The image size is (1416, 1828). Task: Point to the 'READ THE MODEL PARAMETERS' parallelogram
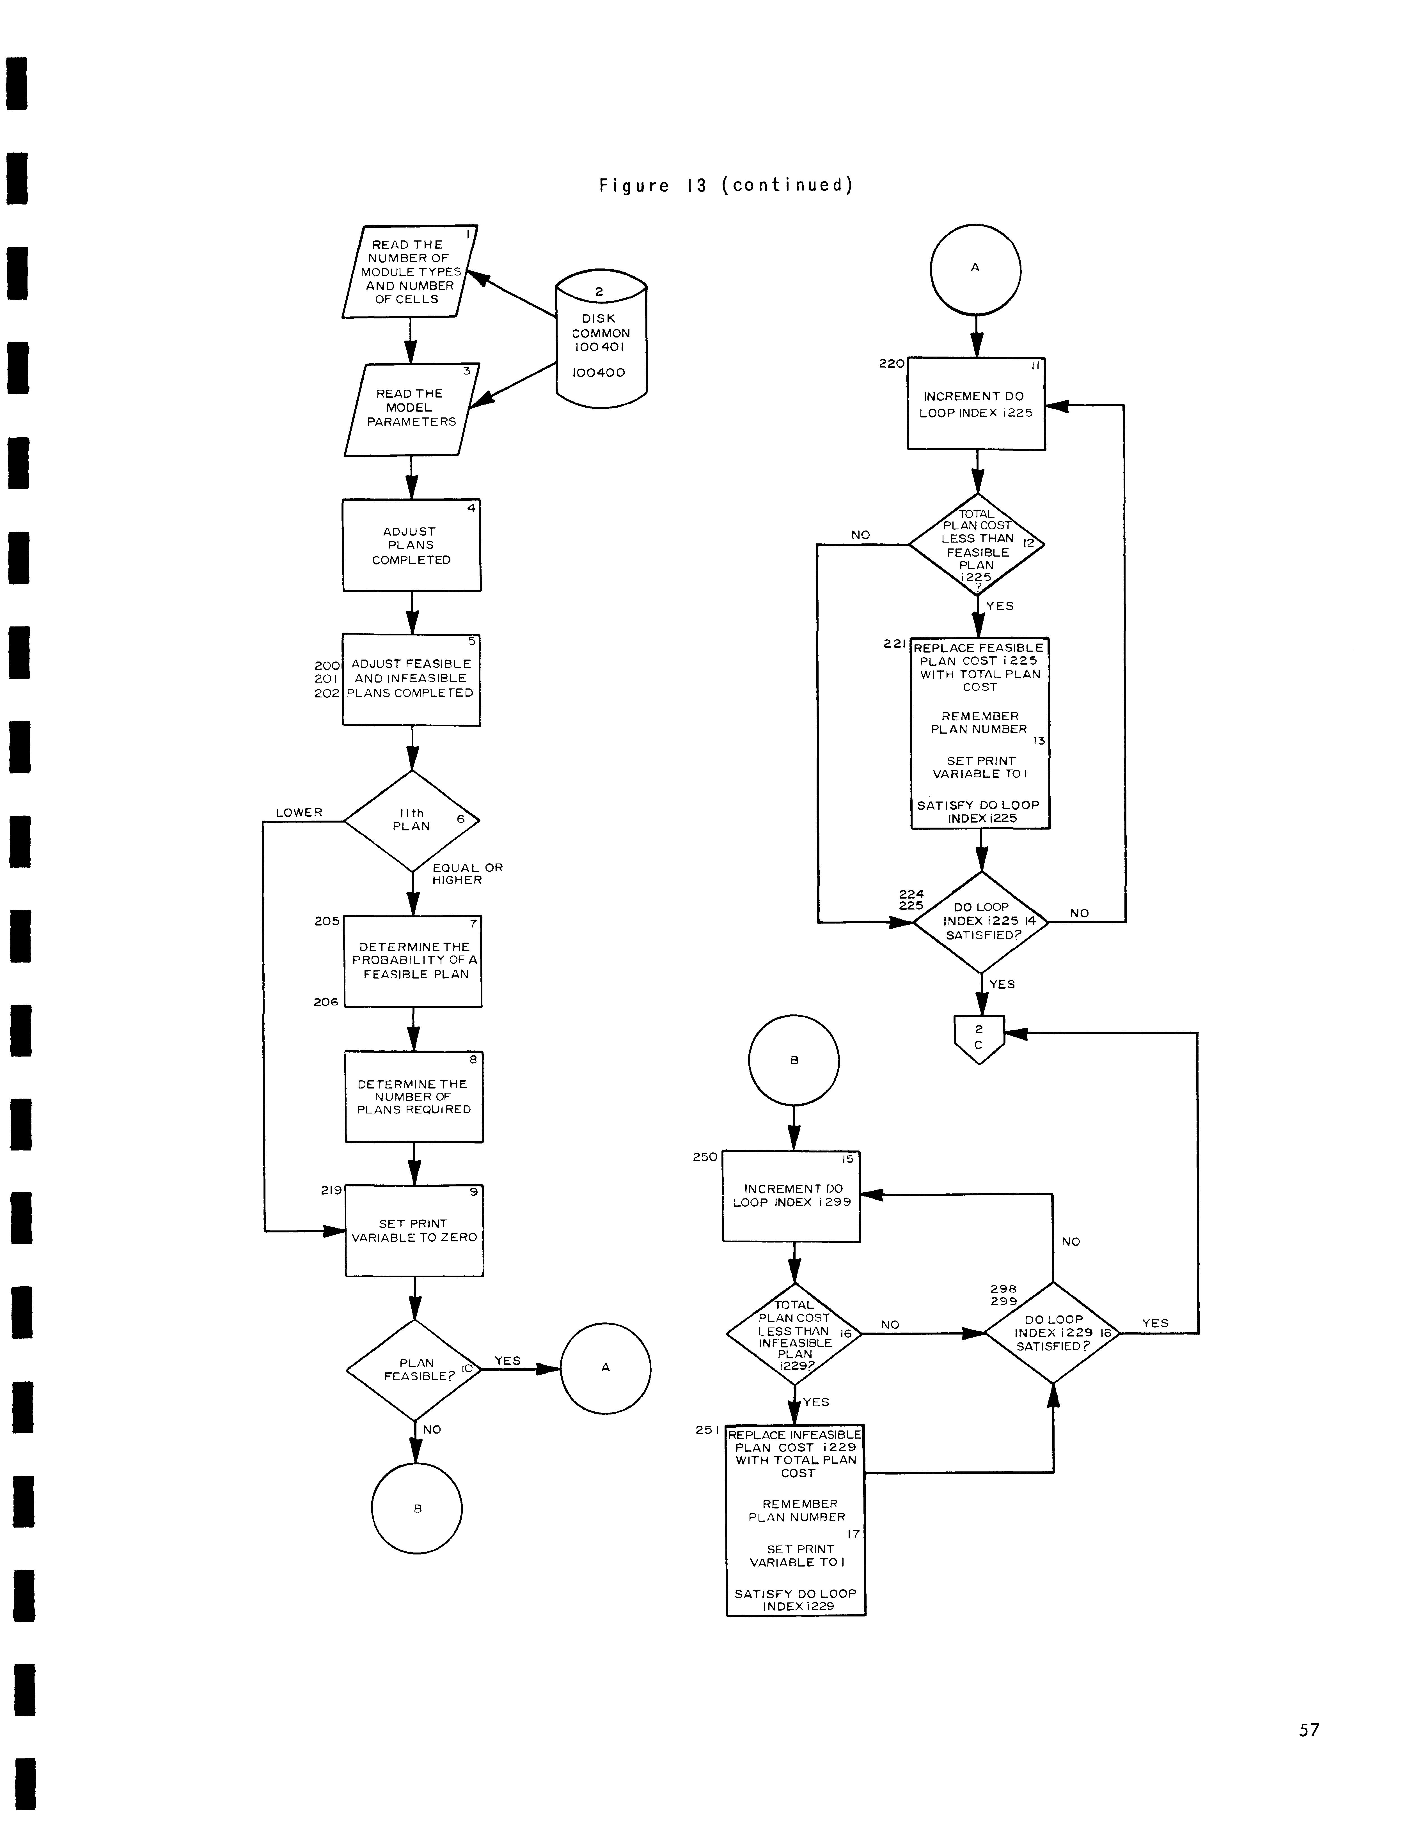(x=411, y=409)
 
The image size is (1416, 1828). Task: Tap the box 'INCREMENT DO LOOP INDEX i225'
(x=976, y=404)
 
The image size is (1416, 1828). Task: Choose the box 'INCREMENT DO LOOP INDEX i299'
(x=791, y=1196)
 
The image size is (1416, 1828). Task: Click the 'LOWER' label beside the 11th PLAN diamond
(x=299, y=813)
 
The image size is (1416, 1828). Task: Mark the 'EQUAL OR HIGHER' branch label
(x=466, y=874)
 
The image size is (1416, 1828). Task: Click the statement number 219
(x=331, y=1190)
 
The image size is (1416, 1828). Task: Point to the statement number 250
(x=704, y=1157)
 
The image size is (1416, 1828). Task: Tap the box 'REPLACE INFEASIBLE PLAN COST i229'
(x=796, y=1520)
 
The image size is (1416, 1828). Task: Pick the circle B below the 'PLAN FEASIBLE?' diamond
(x=417, y=1508)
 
